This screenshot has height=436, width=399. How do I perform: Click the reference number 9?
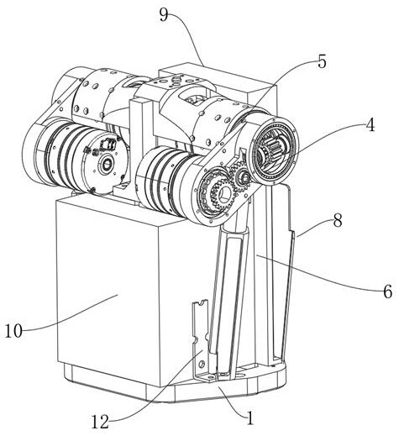[165, 14]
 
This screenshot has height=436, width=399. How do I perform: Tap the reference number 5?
[322, 61]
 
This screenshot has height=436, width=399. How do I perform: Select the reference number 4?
[370, 124]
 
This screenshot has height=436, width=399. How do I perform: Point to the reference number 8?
[338, 220]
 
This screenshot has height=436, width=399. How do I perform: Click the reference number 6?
[387, 292]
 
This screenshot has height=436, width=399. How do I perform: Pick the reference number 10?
[13, 331]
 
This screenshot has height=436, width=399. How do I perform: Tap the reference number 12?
[100, 422]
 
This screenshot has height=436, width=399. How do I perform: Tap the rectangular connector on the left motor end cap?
[108, 144]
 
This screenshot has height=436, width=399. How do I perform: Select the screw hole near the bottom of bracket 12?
[200, 364]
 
